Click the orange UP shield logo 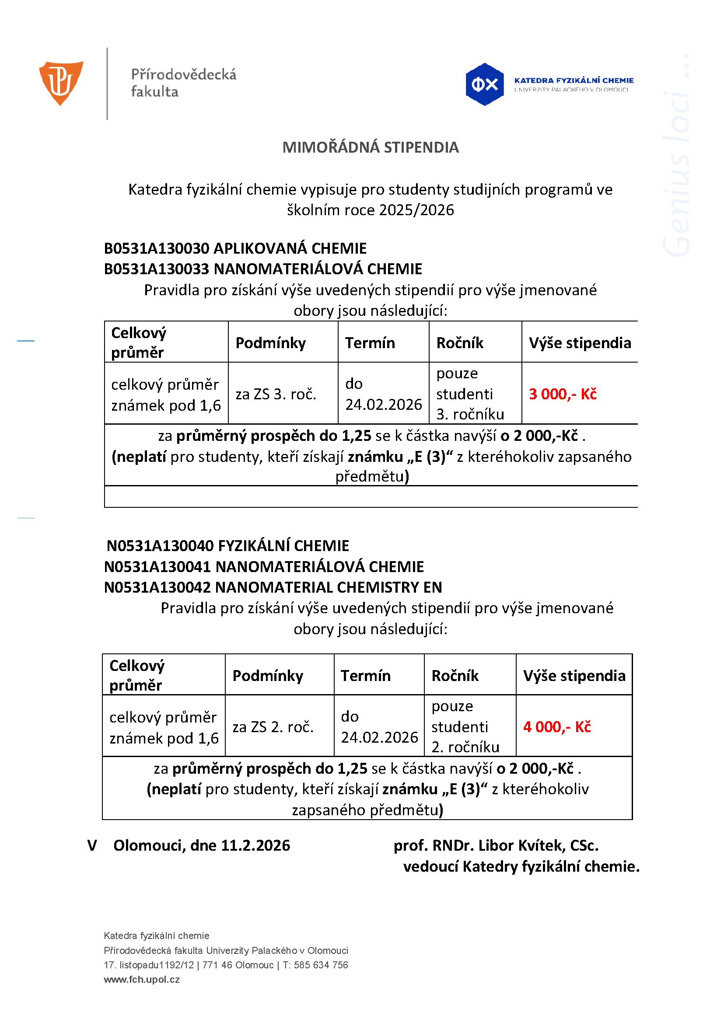[61, 83]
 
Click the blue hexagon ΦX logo [484, 84]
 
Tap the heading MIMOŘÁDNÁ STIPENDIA [371, 147]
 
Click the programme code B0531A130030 [157, 248]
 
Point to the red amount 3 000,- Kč [562, 394]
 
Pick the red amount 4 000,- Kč [557, 727]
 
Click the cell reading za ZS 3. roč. [276, 394]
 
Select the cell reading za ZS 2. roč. [273, 727]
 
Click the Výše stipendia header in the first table [580, 343]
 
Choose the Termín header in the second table [366, 676]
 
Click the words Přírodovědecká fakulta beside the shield [183, 83]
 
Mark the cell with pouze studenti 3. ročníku [470, 394]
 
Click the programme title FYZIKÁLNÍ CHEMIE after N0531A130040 [283, 545]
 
